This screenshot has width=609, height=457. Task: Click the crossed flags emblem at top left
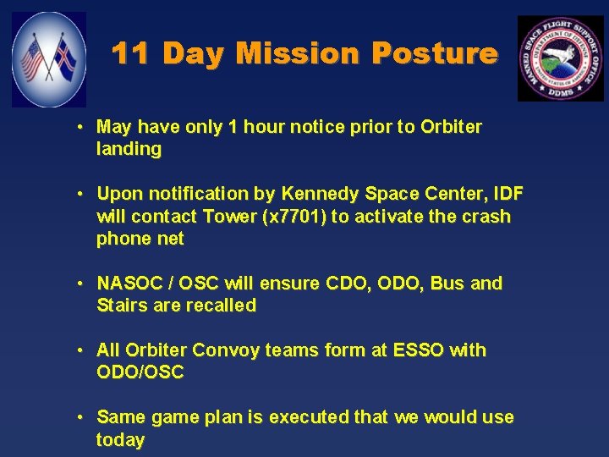[49, 59]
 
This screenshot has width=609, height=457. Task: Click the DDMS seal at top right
[560, 58]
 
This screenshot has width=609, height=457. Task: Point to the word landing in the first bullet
[129, 150]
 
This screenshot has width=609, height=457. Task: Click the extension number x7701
[295, 217]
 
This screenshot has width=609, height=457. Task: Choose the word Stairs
[123, 306]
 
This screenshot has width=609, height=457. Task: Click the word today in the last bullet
[120, 440]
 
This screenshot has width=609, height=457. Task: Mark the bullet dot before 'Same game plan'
[78, 418]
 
